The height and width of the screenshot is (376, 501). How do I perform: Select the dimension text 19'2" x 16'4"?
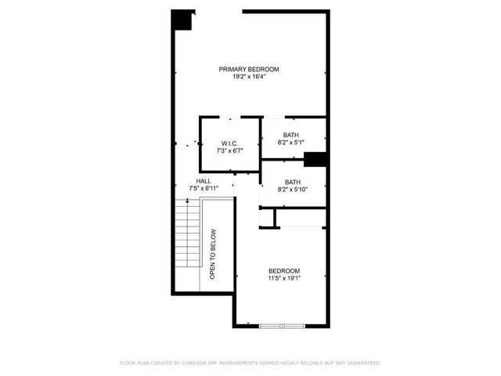coord(249,78)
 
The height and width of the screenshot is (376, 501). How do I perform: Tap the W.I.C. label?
coord(229,143)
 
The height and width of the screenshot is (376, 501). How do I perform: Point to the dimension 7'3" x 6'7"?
coord(229,150)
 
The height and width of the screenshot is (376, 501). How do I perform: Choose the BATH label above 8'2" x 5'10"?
coord(291,182)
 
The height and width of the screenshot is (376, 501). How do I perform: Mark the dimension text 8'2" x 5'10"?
coord(293,190)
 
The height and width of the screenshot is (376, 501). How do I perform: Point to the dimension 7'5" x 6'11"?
coord(204,189)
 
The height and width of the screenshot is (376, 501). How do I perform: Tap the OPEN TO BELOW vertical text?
coord(213,254)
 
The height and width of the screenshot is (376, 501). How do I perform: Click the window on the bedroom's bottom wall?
coord(282,325)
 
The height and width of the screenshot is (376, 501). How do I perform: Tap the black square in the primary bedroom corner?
coord(183,20)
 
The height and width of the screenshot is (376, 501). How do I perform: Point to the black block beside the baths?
coord(315,160)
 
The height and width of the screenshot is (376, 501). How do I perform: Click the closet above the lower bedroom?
coord(300,218)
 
